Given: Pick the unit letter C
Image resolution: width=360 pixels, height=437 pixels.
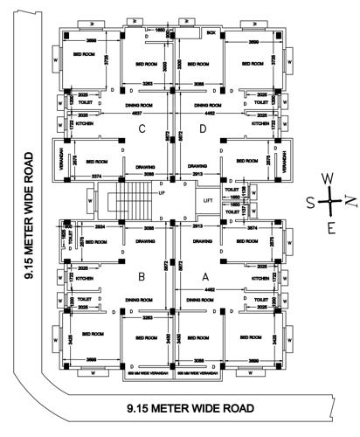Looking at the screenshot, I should (x=140, y=129).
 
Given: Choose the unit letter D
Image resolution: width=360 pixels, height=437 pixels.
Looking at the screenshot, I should (x=204, y=129).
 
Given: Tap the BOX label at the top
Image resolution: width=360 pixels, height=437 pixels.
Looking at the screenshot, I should (x=211, y=32).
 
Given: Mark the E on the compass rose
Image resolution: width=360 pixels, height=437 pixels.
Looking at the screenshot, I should (x=329, y=229).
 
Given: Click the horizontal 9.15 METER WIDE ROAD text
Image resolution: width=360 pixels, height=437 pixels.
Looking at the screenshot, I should (x=190, y=409).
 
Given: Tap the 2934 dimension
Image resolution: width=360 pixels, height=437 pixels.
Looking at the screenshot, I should (x=100, y=225).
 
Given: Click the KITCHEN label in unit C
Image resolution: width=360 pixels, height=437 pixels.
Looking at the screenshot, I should (x=85, y=125).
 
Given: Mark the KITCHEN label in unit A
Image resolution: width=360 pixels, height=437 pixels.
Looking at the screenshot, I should (x=260, y=278).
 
